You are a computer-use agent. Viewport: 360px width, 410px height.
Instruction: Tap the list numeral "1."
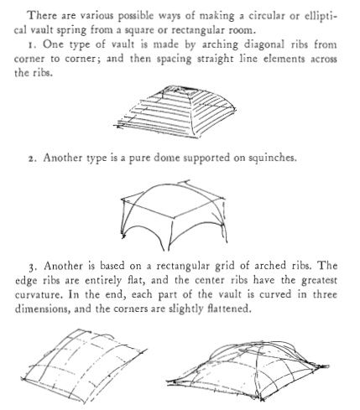point(33,45)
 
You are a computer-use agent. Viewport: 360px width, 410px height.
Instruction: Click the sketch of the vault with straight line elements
point(175,112)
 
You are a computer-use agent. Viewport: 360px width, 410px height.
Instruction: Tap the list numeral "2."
point(33,158)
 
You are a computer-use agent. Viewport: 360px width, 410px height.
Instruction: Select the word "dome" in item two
point(167,158)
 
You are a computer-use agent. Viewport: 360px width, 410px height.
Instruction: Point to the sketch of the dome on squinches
point(174,215)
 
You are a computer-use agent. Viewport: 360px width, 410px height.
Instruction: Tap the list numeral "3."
point(33,267)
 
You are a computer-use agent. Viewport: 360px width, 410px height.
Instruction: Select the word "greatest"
point(319,281)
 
